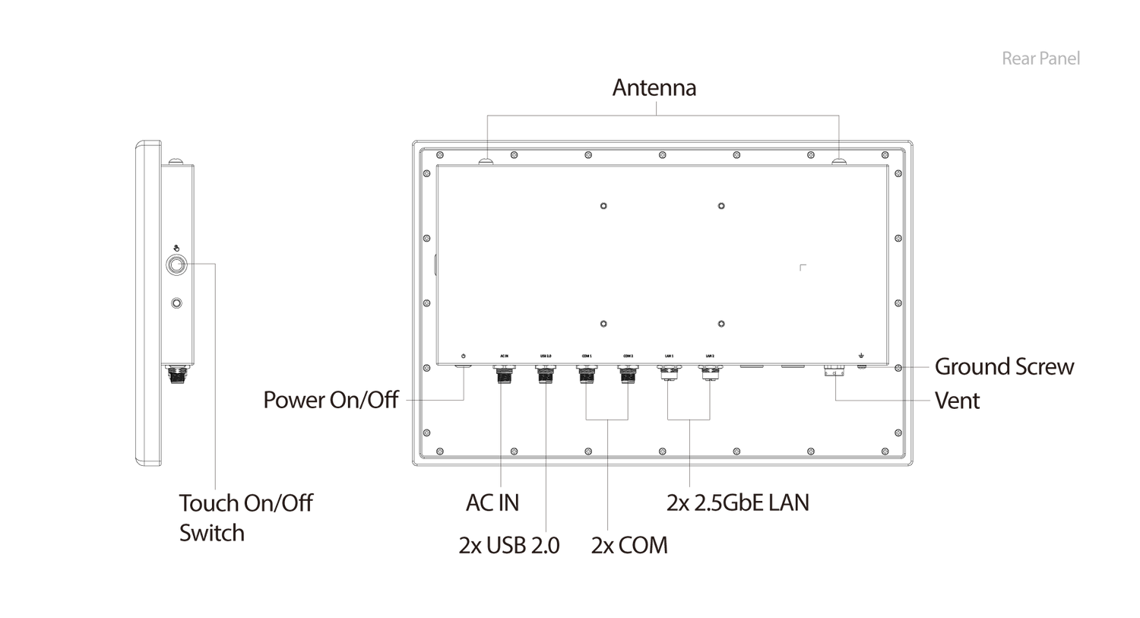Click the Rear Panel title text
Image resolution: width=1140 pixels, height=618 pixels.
(1041, 59)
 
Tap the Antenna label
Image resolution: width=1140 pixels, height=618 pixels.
(654, 88)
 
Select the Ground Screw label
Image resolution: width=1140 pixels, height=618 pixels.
(1004, 366)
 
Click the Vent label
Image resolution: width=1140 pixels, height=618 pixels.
(957, 401)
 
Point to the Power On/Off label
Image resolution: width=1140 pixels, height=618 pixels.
(331, 400)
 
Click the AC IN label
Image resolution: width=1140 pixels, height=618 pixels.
(492, 503)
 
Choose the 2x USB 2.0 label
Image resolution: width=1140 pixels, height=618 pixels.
(509, 546)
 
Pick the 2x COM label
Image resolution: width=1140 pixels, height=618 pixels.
(629, 546)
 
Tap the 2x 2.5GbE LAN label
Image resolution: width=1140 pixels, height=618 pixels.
(737, 503)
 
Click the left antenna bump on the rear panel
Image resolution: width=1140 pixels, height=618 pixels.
(486, 160)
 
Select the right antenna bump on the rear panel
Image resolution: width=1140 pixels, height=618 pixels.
(839, 160)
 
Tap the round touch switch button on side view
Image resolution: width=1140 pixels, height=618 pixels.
(176, 265)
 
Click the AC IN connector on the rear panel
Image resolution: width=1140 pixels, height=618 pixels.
(503, 373)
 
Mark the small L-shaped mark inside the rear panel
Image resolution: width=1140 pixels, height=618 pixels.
(803, 267)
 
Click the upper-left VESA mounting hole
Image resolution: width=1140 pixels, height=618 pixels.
(603, 206)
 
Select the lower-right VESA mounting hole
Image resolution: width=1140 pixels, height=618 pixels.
(720, 324)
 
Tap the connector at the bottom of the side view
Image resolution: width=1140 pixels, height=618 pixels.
(176, 374)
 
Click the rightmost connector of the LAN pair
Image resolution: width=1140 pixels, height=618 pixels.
(710, 372)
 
